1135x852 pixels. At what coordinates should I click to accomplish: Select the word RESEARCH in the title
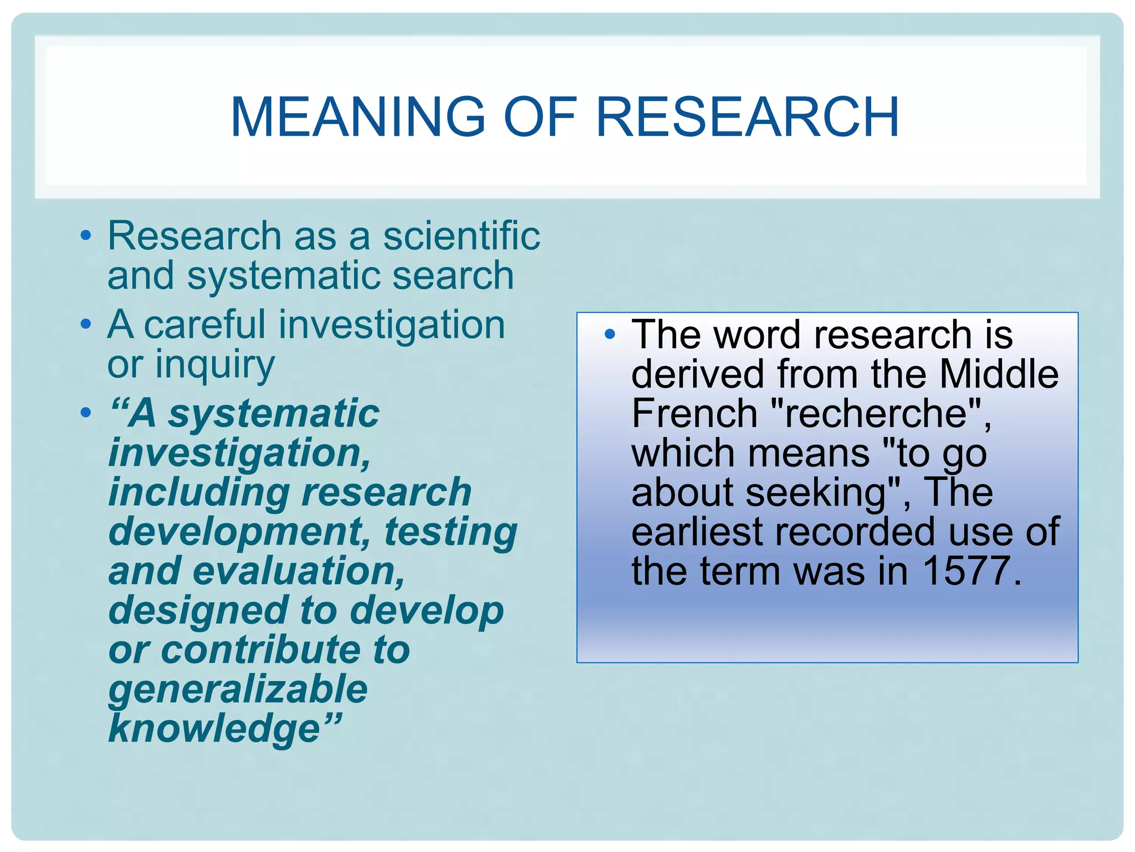click(747, 117)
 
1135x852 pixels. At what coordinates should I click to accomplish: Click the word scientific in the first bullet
click(462, 236)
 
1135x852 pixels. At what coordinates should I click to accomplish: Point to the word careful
click(204, 324)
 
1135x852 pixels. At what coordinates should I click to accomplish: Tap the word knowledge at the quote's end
click(215, 728)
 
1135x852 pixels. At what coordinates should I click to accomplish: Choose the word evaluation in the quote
click(299, 571)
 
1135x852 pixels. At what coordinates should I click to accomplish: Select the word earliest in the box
click(696, 532)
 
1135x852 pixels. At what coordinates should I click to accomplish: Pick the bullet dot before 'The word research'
click(610, 334)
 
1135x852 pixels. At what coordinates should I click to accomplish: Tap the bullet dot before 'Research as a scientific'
click(85, 235)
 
